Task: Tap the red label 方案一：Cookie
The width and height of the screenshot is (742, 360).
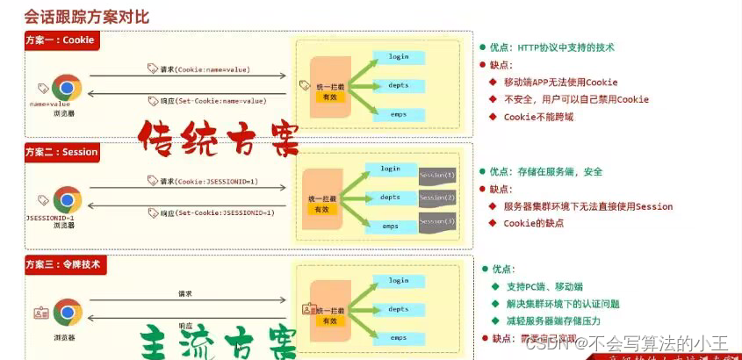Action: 60,40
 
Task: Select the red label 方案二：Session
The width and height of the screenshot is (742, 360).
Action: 62,152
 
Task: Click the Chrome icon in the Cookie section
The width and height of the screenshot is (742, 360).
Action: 67,88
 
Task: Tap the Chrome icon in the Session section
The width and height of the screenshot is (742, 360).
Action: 67,199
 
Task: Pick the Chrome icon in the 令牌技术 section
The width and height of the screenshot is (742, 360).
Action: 67,312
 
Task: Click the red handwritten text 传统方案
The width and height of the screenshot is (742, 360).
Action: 217,137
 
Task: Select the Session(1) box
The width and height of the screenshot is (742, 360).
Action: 436,175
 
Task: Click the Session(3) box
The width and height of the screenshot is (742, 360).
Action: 436,221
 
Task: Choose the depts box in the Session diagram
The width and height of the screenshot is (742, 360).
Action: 390,198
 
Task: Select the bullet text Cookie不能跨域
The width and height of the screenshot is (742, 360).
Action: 538,117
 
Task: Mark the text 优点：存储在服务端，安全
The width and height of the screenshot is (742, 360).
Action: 545,171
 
